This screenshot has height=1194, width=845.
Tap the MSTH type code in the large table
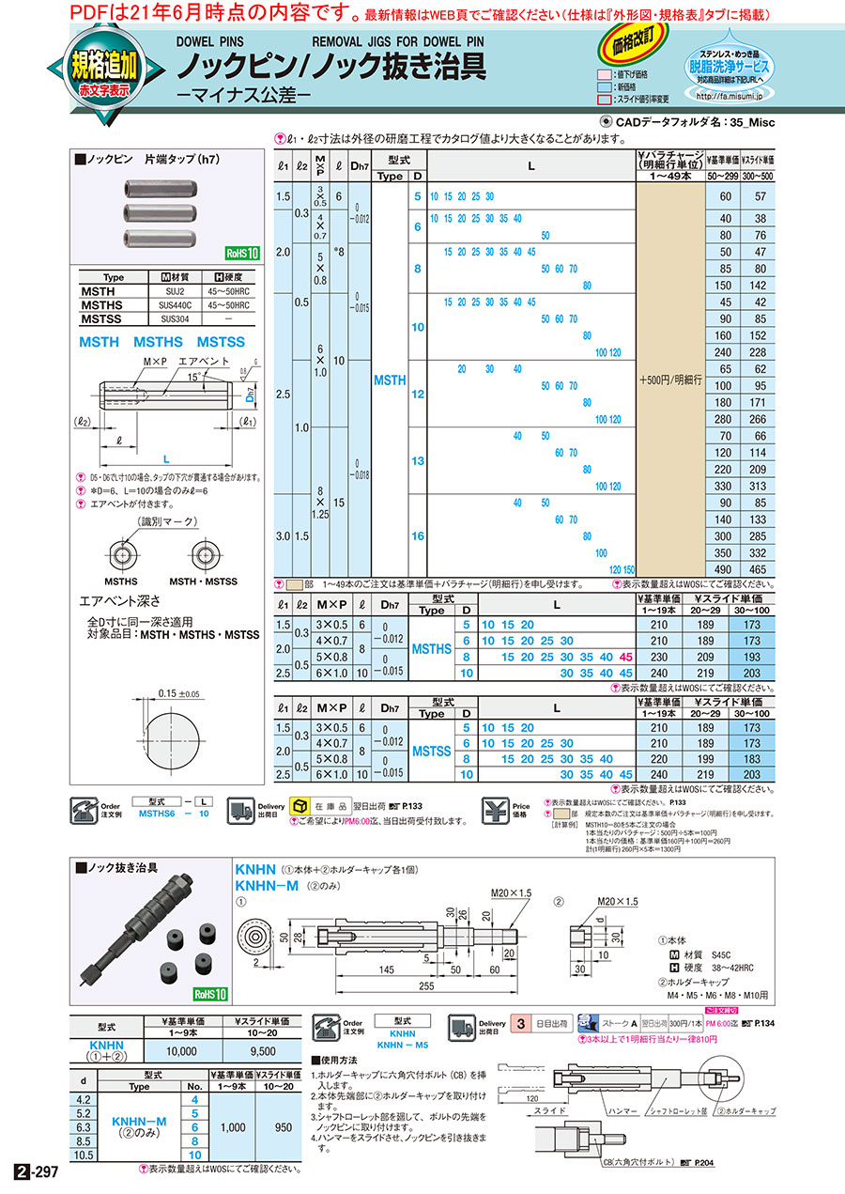(390, 380)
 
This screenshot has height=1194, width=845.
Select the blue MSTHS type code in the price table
(432, 649)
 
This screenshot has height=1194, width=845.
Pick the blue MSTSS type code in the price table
(432, 751)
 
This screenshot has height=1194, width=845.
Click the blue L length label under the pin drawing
(165, 459)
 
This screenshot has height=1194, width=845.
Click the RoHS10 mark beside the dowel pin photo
(240, 253)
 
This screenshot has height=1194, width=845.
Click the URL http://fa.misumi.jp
(729, 96)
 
